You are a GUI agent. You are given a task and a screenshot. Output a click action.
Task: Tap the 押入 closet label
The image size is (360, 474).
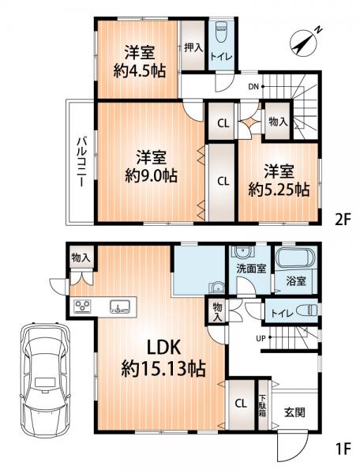click(193, 47)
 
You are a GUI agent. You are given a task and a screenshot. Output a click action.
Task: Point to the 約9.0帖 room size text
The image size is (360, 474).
click(151, 175)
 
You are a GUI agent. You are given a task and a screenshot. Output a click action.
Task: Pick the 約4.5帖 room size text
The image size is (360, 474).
click(140, 71)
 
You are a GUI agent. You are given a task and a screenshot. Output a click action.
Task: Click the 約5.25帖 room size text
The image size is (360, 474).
click(279, 190)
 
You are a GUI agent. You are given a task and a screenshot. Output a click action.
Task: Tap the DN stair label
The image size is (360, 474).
click(253, 87)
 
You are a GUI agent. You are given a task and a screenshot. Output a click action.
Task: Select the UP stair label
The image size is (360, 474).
click(261, 339)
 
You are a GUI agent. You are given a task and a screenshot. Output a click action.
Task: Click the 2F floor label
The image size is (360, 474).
click(343, 220)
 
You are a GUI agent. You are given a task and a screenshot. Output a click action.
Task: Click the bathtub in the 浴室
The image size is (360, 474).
click(296, 258)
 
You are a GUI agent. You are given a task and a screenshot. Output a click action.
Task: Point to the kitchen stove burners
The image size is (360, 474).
click(82, 306)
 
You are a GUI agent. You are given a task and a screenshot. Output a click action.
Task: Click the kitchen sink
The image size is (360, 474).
click(120, 307)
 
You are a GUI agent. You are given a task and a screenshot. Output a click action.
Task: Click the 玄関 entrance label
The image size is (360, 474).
click(294, 412)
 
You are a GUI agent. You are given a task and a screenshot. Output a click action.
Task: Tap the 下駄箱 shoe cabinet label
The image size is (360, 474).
click(263, 405)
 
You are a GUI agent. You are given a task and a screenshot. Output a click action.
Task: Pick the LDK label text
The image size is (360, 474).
click(163, 348)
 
